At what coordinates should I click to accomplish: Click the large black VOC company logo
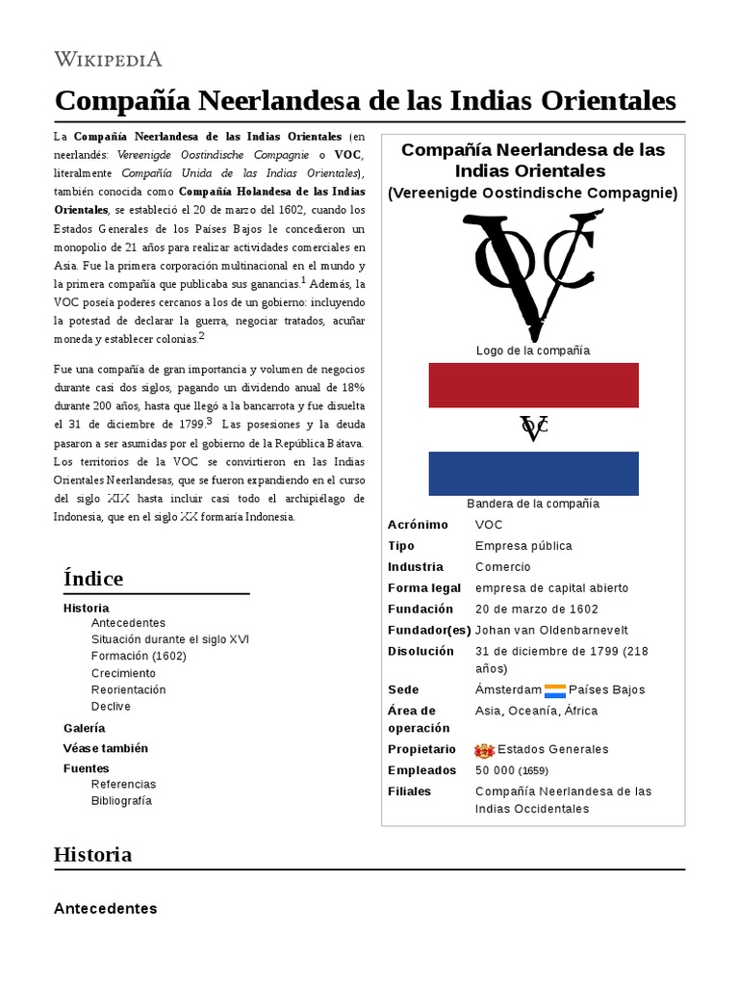click(532, 275)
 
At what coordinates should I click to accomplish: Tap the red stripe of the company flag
click(533, 385)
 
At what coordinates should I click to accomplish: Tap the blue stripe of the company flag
click(533, 473)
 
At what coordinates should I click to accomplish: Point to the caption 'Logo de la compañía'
click(533, 350)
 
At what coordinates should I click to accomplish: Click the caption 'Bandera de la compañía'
click(533, 504)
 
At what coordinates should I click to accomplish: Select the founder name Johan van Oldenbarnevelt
click(551, 630)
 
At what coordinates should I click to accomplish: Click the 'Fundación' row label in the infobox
click(420, 609)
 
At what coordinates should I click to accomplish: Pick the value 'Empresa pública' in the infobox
click(523, 546)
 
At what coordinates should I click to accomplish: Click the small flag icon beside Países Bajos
click(555, 689)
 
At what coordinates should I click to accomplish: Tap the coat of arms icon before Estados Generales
click(484, 750)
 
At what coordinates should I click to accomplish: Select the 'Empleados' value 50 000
click(495, 770)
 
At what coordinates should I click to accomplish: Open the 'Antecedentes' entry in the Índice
click(128, 623)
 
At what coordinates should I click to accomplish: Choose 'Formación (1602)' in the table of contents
click(139, 656)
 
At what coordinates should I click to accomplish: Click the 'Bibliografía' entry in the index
click(121, 800)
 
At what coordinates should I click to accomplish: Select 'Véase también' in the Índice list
click(106, 748)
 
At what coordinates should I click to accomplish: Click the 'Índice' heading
click(93, 579)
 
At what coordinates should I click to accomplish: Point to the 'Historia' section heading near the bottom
click(92, 854)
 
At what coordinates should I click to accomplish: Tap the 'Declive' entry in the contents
click(111, 706)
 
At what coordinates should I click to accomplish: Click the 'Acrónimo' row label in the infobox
click(418, 525)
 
